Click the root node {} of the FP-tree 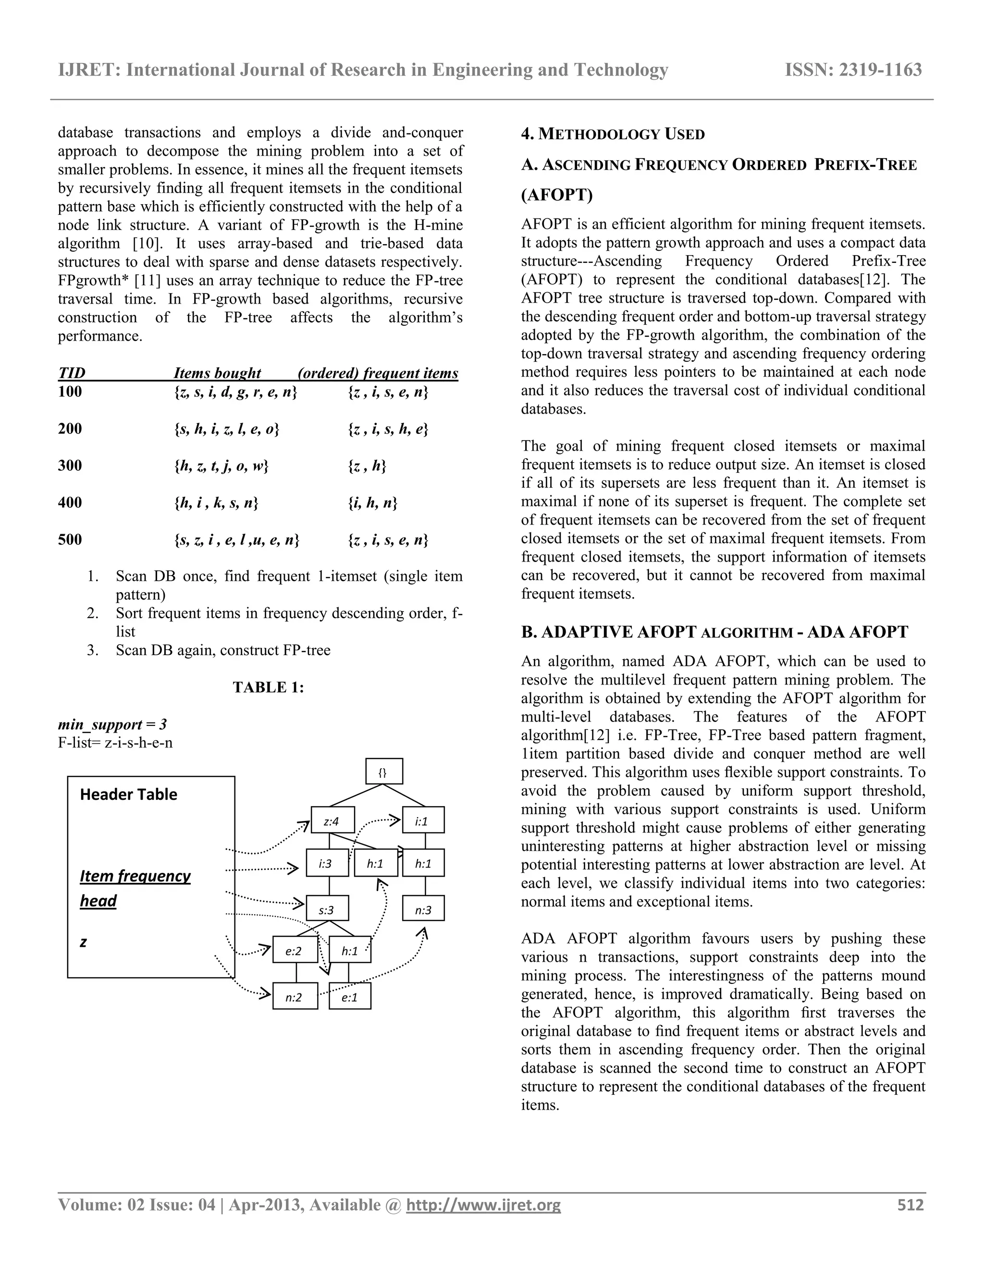pyautogui.click(x=383, y=772)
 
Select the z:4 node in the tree pyautogui.click(x=333, y=820)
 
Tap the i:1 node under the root pyautogui.click(x=423, y=820)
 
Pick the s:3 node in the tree pyautogui.click(x=327, y=909)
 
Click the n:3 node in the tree pyautogui.click(x=423, y=909)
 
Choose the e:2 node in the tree pyautogui.click(x=295, y=951)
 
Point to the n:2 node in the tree pyautogui.click(x=295, y=997)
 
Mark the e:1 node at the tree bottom pyautogui.click(x=350, y=997)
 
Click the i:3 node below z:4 pyautogui.click(x=327, y=863)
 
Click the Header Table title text pyautogui.click(x=128, y=795)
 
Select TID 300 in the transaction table pyautogui.click(x=70, y=465)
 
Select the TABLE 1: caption pyautogui.click(x=268, y=687)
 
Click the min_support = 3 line pyautogui.click(x=112, y=724)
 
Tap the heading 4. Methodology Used pyautogui.click(x=613, y=134)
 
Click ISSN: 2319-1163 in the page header pyautogui.click(x=853, y=70)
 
